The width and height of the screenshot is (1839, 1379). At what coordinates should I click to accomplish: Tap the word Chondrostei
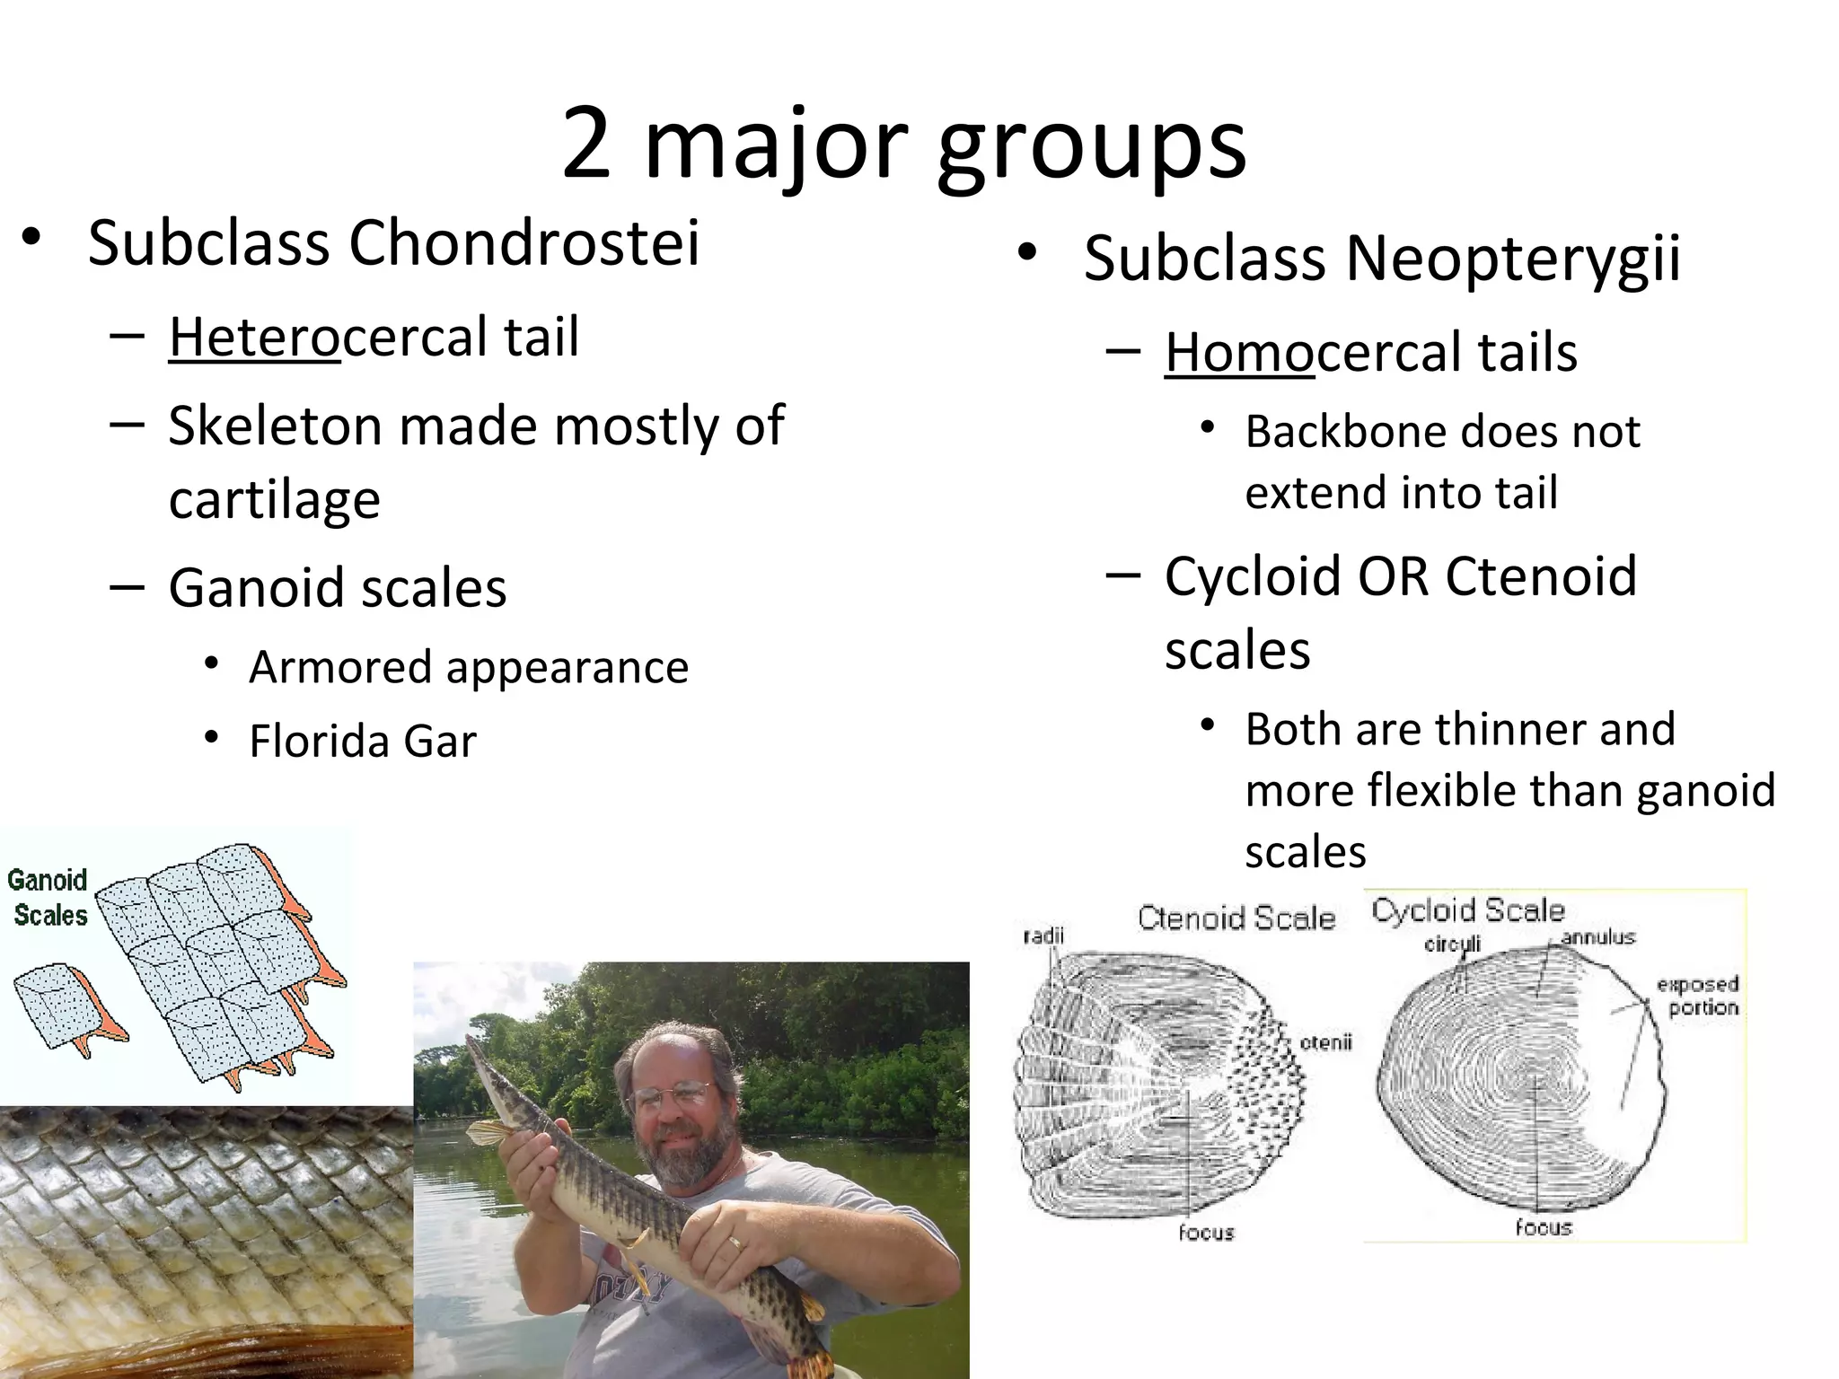pyautogui.click(x=524, y=243)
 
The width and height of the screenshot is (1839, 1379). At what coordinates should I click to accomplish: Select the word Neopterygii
pyautogui.click(x=1513, y=259)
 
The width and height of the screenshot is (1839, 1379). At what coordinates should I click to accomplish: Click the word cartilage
pyautogui.click(x=275, y=499)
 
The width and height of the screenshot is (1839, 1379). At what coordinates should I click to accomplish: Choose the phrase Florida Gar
pyautogui.click(x=363, y=742)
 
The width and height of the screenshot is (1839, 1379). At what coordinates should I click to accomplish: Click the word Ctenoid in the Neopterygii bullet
pyautogui.click(x=1541, y=575)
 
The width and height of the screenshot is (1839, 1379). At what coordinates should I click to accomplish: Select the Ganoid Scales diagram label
pyautogui.click(x=48, y=898)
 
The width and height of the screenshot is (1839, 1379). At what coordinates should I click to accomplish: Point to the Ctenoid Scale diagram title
pyautogui.click(x=1236, y=918)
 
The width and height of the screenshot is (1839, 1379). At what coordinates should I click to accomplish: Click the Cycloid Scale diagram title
pyautogui.click(x=1468, y=910)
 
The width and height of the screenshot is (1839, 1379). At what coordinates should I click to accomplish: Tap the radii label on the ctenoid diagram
pyautogui.click(x=1043, y=936)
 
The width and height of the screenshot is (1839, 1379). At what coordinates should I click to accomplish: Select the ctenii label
pyautogui.click(x=1325, y=1043)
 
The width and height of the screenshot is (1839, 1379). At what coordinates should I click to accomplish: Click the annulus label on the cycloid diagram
pyautogui.click(x=1597, y=938)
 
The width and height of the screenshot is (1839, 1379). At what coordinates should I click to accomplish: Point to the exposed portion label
pyautogui.click(x=1697, y=996)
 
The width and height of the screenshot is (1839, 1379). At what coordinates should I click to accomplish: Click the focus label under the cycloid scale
pyautogui.click(x=1543, y=1227)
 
